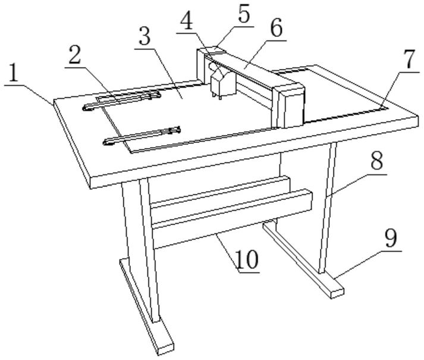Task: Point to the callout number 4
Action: [x=187, y=23]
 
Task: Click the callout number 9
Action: [x=391, y=239]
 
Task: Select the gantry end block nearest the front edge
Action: [x=290, y=105]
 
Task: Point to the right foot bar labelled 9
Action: [x=303, y=258]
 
